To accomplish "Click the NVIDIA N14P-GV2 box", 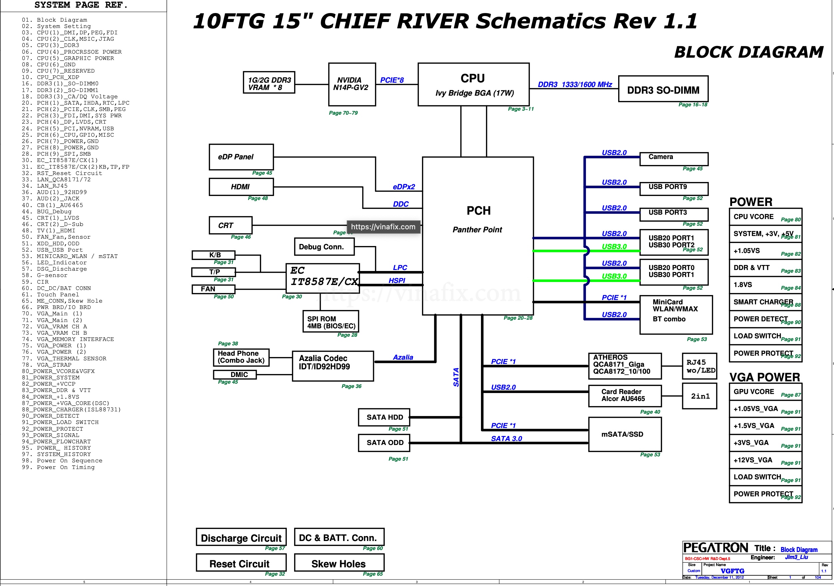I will [352, 84].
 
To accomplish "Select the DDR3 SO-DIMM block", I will [663, 89].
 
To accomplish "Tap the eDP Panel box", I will [241, 157].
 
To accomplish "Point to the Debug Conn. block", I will [324, 247].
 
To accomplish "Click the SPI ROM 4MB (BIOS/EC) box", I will [330, 322].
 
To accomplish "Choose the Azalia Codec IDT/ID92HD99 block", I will [333, 366].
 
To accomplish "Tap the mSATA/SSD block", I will [625, 434].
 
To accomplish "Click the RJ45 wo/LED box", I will [699, 366].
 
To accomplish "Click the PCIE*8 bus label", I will [392, 80].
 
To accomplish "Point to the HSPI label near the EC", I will [397, 281].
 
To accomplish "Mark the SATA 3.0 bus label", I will [506, 438].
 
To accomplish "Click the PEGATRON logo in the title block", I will [715, 548].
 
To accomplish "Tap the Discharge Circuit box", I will [241, 538].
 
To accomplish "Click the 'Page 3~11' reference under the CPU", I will [521, 109].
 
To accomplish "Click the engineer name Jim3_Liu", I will [796, 557].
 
